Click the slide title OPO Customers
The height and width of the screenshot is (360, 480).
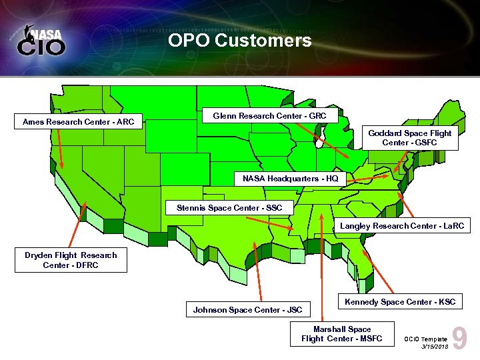pos(240,41)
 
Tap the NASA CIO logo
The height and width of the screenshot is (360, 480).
pos(41,41)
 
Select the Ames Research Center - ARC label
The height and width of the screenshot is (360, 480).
pos(79,122)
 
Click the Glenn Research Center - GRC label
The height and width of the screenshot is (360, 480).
pos(269,116)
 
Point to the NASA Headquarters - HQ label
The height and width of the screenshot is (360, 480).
pos(290,179)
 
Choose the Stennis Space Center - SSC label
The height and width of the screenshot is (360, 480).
pos(229,208)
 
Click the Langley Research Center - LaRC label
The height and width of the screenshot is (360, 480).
pos(401,226)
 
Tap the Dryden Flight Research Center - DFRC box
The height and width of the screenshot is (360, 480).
pos(71,260)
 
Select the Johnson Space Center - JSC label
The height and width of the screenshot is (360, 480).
pos(247,309)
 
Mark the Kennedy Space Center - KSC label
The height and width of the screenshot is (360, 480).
pos(400,302)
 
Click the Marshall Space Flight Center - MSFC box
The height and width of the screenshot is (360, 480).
pos(342,334)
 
